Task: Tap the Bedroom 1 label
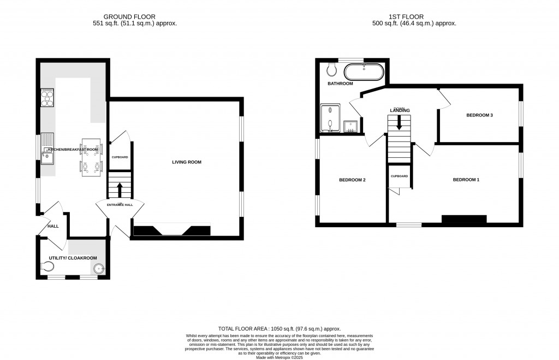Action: [466, 180]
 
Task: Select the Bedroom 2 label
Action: [352, 180]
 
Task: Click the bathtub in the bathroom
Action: [364, 72]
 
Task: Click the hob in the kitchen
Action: [47, 99]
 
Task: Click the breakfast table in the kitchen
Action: [92, 157]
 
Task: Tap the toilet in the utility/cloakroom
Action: [48, 267]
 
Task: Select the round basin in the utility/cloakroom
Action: [99, 268]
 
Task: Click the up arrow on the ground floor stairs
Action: [120, 189]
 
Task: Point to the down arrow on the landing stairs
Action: [399, 122]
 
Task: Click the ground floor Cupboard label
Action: [120, 157]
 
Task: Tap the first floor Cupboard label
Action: [399, 176]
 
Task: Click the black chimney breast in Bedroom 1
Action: [463, 220]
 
